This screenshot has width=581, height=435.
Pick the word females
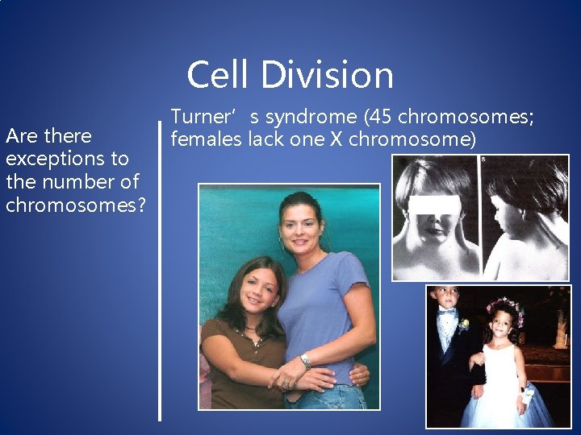pyautogui.click(x=206, y=139)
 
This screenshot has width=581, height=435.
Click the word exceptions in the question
pyautogui.click(x=56, y=159)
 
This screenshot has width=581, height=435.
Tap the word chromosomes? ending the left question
pyautogui.click(x=76, y=205)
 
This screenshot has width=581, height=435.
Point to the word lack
pyautogui.click(x=265, y=139)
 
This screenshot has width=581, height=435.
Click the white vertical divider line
pyautogui.click(x=160, y=274)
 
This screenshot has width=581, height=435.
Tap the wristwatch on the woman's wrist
pyautogui.click(x=305, y=360)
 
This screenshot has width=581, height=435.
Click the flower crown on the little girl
pyautogui.click(x=505, y=307)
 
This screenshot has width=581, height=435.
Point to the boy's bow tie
pyautogui.click(x=446, y=316)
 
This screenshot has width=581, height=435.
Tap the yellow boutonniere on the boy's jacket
pyautogui.click(x=464, y=325)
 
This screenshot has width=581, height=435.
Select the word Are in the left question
pyautogui.click(x=21, y=135)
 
